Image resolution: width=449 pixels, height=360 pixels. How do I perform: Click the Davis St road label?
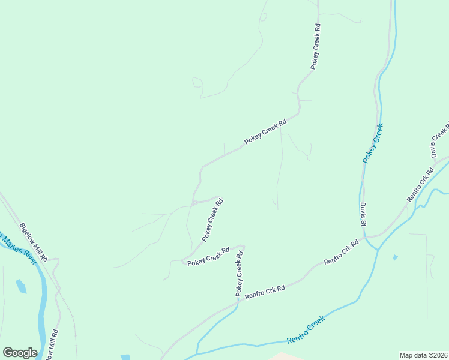[363, 214]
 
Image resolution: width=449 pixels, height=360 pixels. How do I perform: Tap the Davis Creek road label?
[439, 141]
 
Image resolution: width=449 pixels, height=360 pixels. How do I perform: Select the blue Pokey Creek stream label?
[373, 143]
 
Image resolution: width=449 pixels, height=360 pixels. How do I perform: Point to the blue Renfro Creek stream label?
[306, 330]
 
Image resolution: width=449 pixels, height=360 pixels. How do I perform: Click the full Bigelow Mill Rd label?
[34, 242]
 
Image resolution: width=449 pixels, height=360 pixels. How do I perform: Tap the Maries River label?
[18, 245]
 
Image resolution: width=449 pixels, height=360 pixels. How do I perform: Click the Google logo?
[20, 353]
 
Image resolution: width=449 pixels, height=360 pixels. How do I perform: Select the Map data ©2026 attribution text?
[424, 355]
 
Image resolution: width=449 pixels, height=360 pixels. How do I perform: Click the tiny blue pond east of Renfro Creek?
[394, 257]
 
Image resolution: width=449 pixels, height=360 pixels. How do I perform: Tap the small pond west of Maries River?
[21, 286]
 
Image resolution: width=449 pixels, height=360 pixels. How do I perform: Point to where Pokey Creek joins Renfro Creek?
[378, 249]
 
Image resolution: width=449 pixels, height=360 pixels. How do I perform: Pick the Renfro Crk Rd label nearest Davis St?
[341, 252]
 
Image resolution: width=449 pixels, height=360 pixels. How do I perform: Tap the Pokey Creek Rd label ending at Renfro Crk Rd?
[240, 274]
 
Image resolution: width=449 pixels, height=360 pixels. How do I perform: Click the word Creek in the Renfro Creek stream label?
[315, 325]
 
